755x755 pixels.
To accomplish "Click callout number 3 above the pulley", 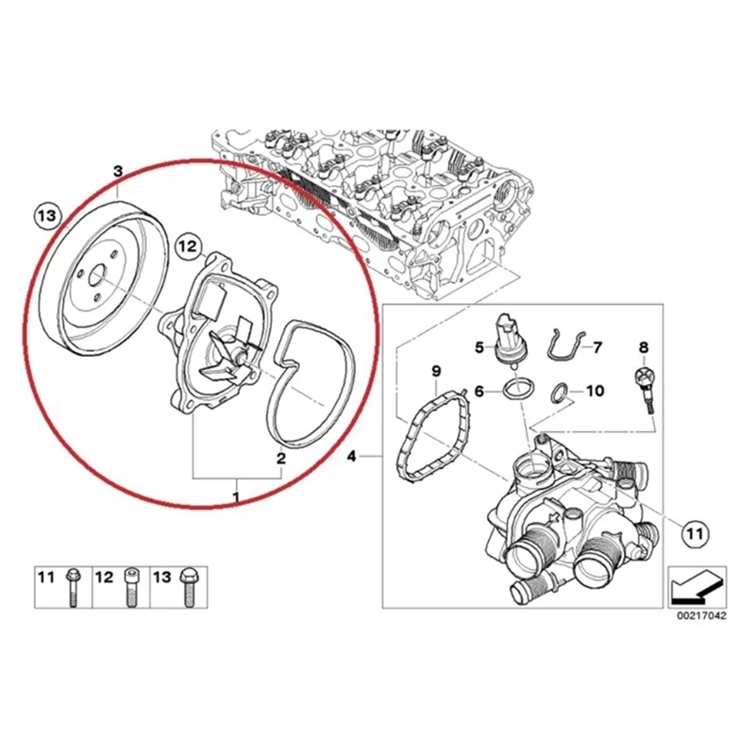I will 117,172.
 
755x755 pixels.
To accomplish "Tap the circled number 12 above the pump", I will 188,247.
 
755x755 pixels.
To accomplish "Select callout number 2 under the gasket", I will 280,459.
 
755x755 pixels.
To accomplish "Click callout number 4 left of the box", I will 352,458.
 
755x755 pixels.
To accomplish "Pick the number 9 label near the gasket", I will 436,368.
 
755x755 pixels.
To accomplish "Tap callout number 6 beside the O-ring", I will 478,390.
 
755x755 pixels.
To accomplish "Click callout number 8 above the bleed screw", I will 644,347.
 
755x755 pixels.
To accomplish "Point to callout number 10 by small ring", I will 595,390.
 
